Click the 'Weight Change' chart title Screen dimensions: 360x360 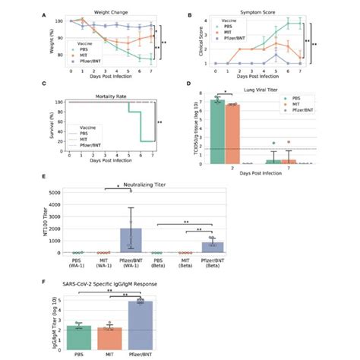coord(112,13)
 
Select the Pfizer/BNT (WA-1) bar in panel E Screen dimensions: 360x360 coord(131,239)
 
